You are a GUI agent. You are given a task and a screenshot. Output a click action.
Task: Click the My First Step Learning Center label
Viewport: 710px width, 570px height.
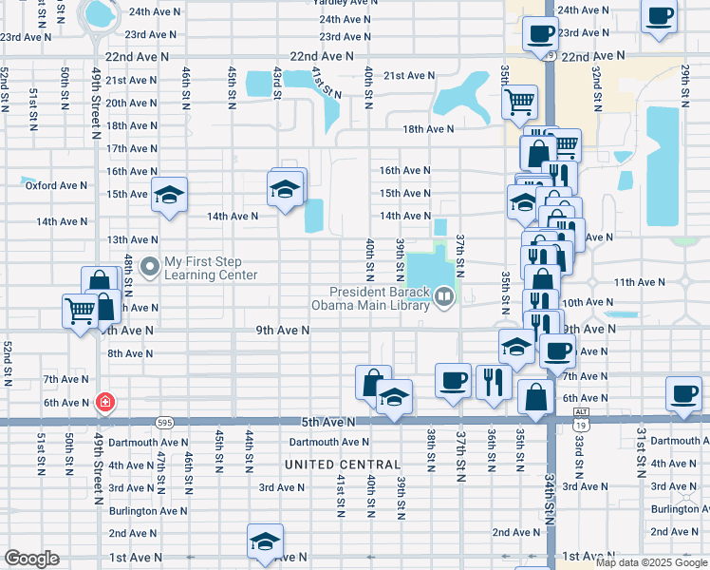pos(211,269)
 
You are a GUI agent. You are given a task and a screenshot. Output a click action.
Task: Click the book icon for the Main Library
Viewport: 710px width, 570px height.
pos(442,298)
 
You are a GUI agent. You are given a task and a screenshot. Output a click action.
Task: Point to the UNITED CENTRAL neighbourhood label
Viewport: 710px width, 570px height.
pos(336,465)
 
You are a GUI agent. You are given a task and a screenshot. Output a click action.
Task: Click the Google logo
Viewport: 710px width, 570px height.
pos(31,560)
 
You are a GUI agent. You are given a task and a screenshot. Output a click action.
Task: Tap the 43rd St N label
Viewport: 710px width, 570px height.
pos(277,82)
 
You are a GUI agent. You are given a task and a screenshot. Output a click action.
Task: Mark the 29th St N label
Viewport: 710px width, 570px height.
pos(684,85)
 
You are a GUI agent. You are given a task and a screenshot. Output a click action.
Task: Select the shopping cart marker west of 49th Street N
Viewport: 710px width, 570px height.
pos(80,310)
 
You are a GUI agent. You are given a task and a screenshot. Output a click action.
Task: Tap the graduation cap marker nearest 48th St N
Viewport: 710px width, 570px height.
pos(169,197)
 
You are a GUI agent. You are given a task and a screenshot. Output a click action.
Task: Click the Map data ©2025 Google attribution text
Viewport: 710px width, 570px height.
pos(652,562)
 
